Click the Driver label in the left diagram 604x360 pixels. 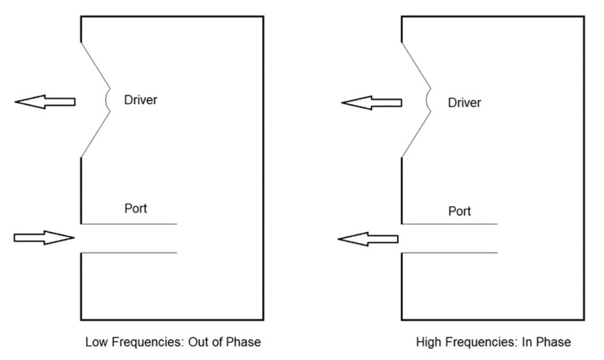coord(141,99)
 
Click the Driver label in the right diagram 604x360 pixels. coord(464,103)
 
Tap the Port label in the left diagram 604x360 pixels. coord(136,208)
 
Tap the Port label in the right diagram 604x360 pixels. coord(460,211)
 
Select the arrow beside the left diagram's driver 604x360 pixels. coord(45,101)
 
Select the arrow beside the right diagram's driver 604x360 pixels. coord(369,103)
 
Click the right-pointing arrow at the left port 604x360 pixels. coord(44,238)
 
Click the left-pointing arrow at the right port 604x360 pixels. coord(369,238)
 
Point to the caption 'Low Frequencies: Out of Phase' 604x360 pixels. coord(173,343)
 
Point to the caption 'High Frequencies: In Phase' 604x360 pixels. coord(493,343)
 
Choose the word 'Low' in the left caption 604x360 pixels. coord(96,343)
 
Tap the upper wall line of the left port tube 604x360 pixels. coord(129,223)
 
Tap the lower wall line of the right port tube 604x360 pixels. coord(450,253)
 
